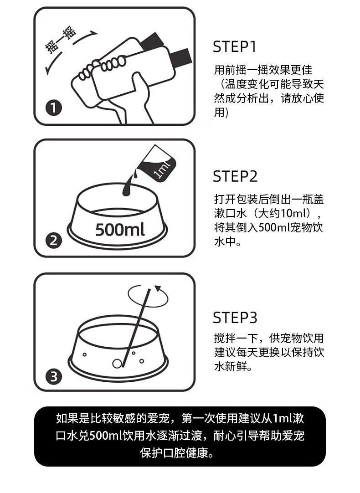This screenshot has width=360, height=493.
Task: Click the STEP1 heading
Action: [x=234, y=46]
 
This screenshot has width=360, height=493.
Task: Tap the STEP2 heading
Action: [x=235, y=176]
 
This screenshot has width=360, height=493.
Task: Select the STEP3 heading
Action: [x=235, y=318]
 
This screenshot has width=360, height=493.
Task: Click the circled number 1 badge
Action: [x=54, y=108]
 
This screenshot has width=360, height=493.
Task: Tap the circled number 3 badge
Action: [x=54, y=376]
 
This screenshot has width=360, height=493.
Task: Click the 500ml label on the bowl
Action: [x=120, y=229]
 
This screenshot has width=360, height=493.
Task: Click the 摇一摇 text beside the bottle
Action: [x=61, y=40]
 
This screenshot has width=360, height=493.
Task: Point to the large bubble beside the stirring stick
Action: [x=117, y=364]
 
